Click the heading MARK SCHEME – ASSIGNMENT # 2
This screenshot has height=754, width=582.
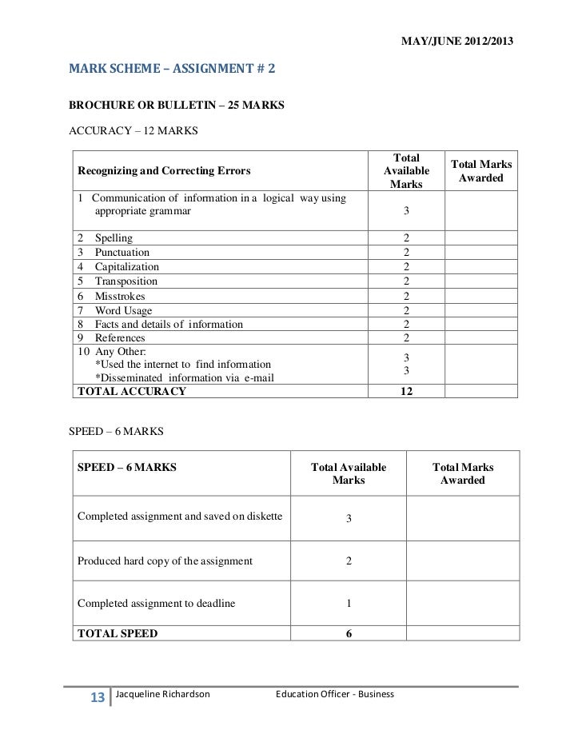click(x=172, y=70)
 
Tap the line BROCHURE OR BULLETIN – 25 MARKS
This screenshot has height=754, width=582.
click(x=177, y=104)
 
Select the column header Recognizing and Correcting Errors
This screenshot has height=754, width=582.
click(x=164, y=170)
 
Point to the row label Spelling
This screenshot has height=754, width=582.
click(x=114, y=238)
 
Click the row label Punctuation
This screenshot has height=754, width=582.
click(x=122, y=253)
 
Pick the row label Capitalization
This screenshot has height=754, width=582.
click(x=126, y=267)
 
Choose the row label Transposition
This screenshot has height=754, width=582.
click(x=126, y=281)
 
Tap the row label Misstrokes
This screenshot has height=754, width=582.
click(x=120, y=296)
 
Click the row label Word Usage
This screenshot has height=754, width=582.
click(x=123, y=310)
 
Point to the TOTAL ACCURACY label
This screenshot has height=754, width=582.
click(x=131, y=391)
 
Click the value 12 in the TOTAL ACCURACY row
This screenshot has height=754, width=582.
click(x=406, y=391)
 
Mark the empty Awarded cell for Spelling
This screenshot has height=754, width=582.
click(x=480, y=238)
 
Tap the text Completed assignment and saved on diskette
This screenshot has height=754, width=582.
click(x=180, y=517)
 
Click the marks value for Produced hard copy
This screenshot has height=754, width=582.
click(x=349, y=561)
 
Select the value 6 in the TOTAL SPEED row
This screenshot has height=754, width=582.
click(x=349, y=633)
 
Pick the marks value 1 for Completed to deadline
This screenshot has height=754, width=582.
click(x=349, y=604)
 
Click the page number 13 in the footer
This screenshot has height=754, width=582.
click(x=98, y=698)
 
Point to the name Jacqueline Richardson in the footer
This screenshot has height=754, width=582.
click(x=163, y=694)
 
